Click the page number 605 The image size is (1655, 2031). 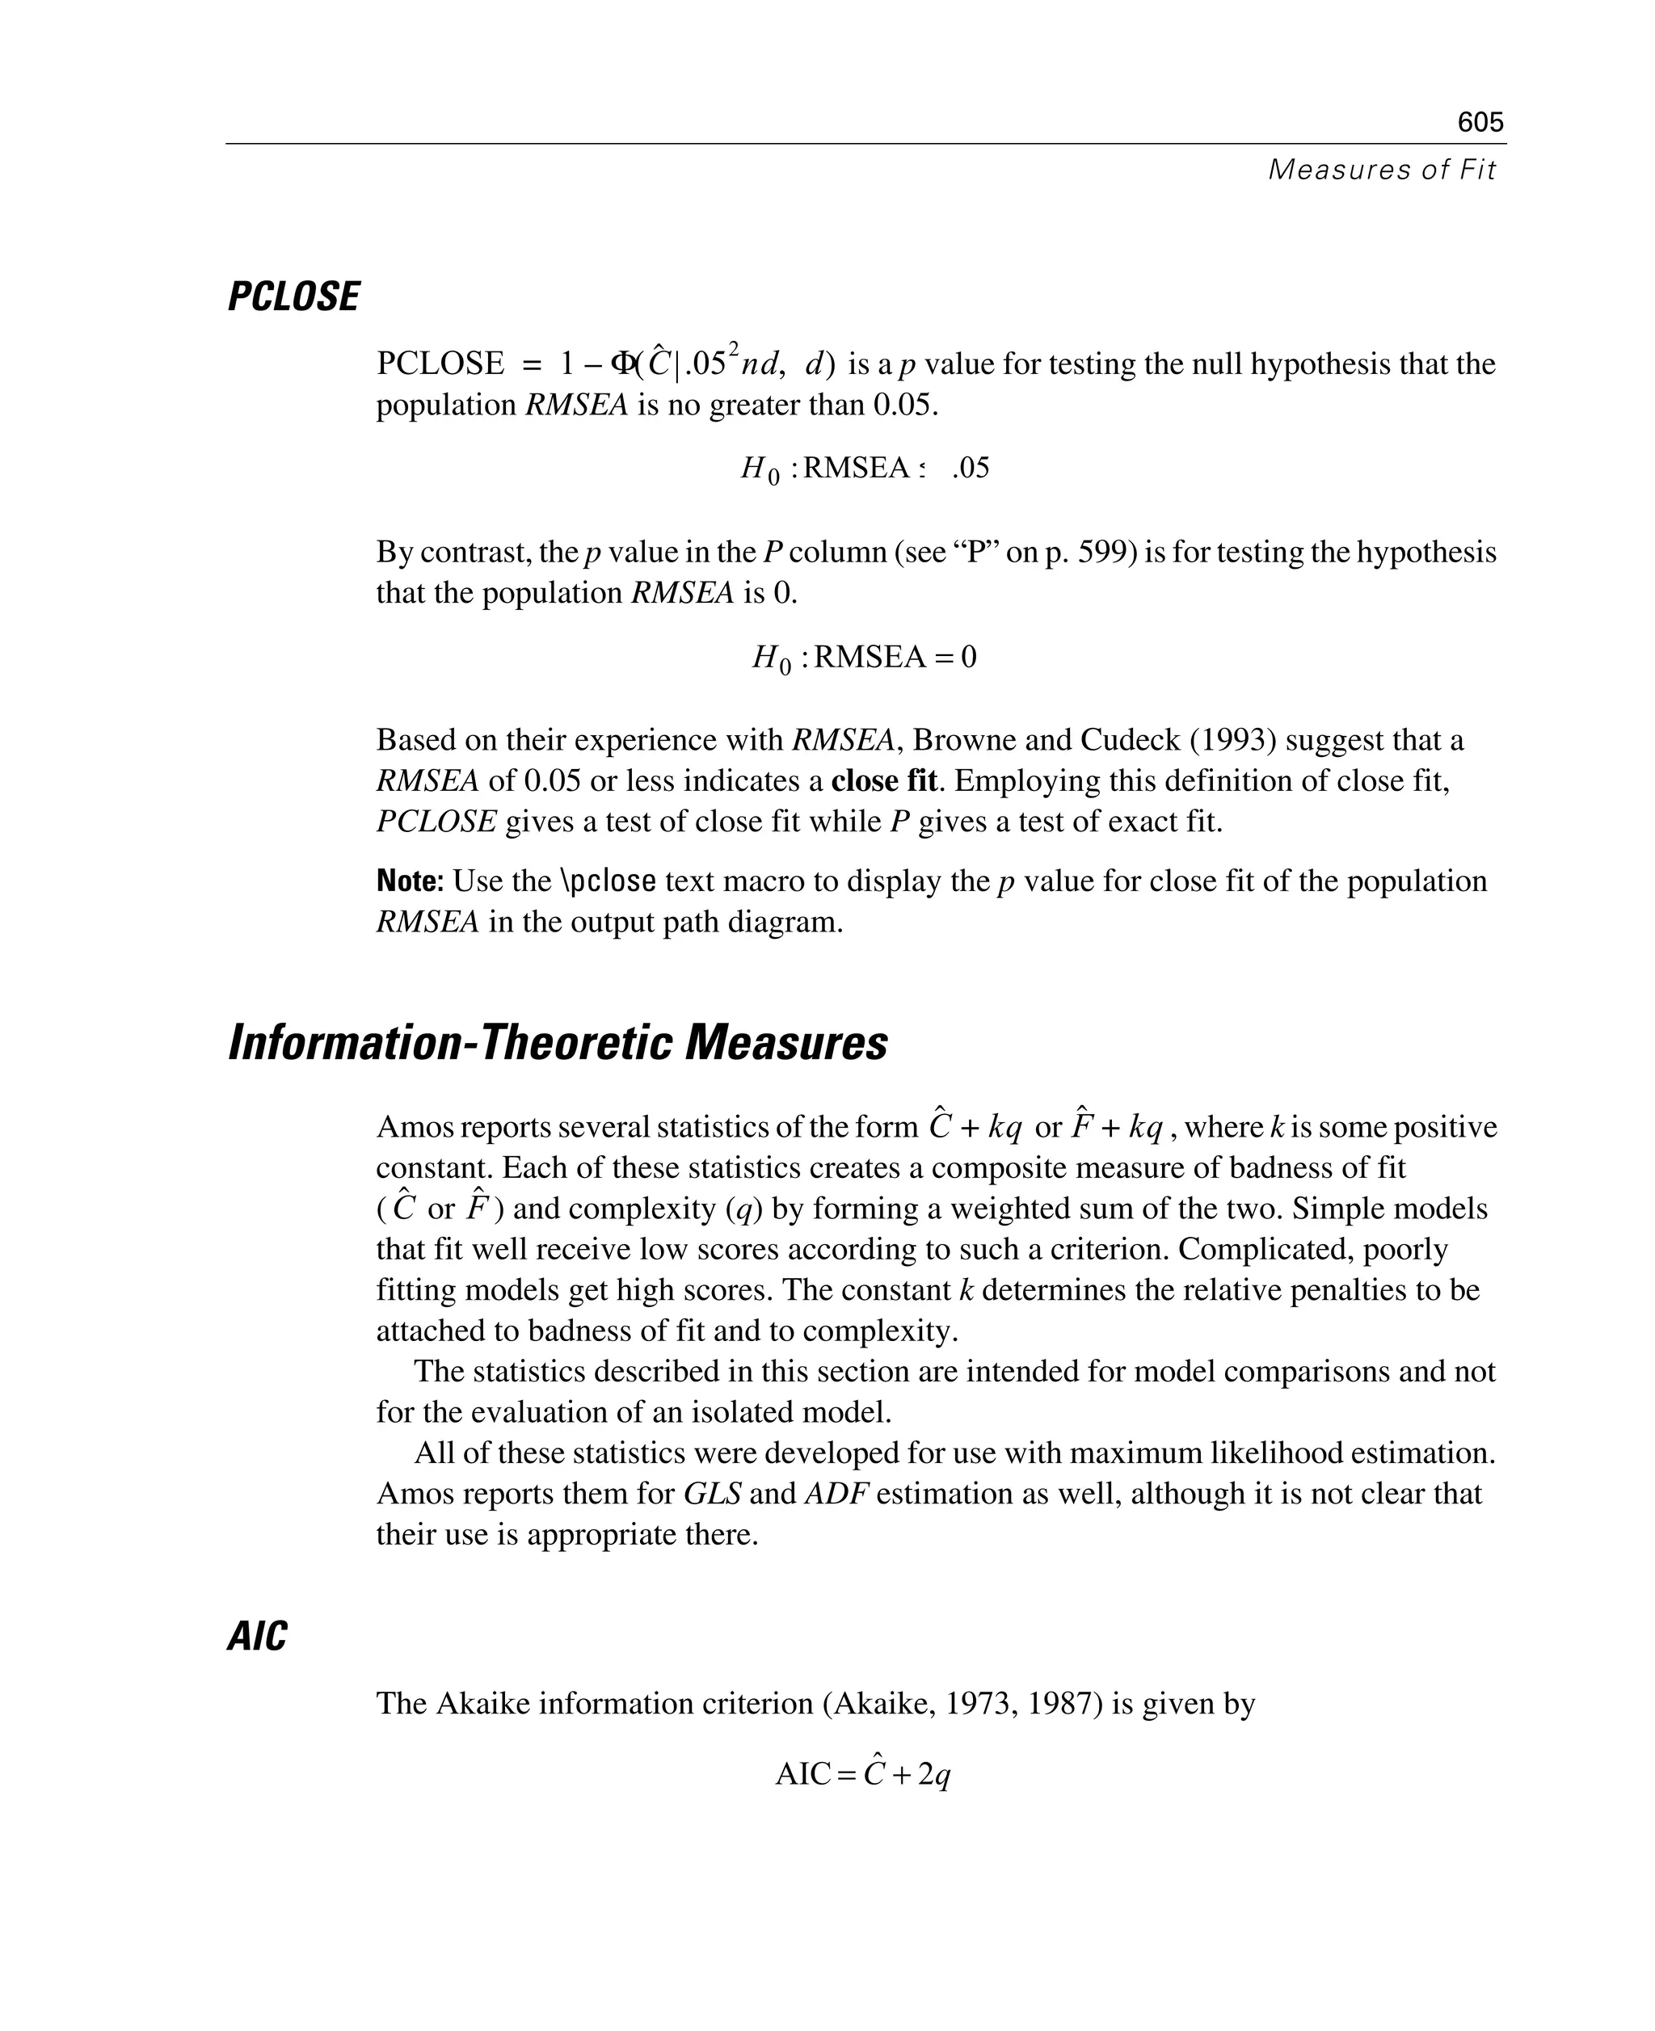point(1480,122)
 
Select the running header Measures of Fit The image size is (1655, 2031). point(1381,170)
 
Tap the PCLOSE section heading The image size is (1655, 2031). point(293,296)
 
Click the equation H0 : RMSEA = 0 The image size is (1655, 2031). point(864,658)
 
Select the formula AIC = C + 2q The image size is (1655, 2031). point(863,1773)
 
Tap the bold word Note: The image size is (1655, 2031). point(410,881)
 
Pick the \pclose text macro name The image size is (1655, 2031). point(609,881)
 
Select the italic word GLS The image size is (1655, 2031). point(712,1492)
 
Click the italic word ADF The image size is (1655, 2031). point(836,1492)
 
